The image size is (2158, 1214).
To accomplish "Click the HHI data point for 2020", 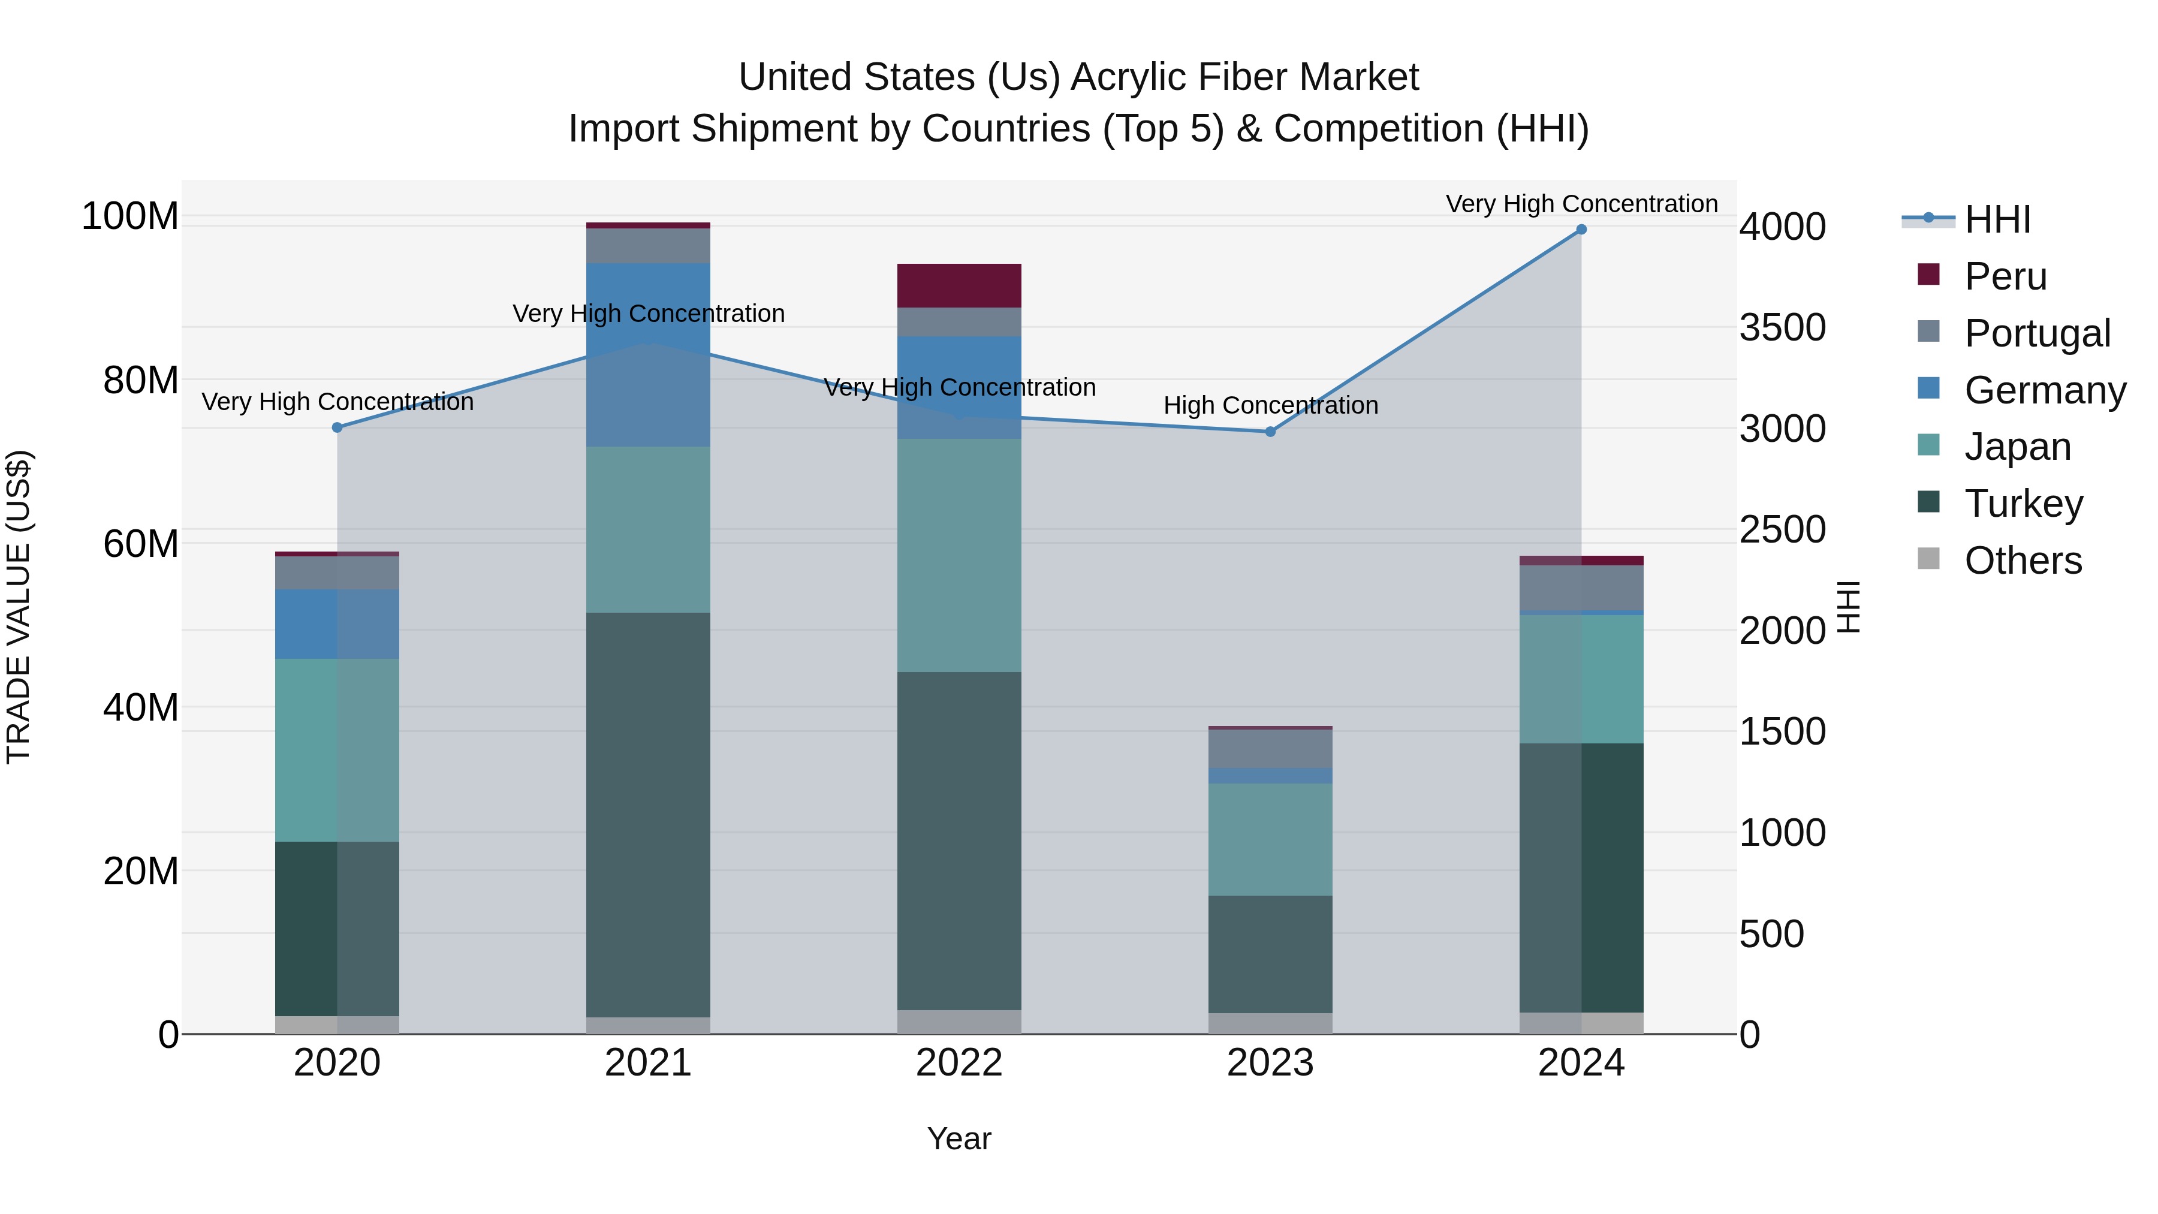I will tap(337, 427).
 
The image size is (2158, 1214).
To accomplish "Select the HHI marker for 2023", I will tap(1270, 432).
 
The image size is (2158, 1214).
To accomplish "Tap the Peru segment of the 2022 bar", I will tap(959, 286).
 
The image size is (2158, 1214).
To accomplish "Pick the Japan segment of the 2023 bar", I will tap(1270, 839).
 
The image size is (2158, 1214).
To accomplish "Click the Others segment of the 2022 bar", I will tap(959, 1022).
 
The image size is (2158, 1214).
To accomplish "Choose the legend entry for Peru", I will tap(2005, 276).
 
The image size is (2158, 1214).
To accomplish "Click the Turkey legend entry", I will tap(2023, 504).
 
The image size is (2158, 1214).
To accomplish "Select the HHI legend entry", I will tap(1997, 219).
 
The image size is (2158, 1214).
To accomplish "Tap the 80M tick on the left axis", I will tap(140, 380).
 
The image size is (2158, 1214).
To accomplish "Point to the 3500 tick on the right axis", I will tap(1782, 327).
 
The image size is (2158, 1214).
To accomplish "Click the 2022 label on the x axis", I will tap(959, 1063).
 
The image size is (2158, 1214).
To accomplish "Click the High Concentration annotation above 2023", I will tap(1270, 405).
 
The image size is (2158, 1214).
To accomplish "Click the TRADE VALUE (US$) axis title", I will tap(19, 607).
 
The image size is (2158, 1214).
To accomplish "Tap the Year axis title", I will tap(959, 1138).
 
